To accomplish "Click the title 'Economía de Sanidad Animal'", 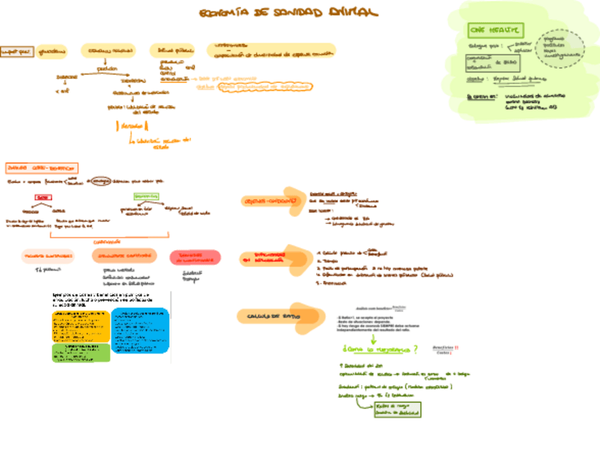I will (288, 13).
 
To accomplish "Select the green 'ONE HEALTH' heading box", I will (495, 30).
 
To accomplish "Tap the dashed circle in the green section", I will (560, 48).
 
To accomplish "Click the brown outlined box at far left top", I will (16, 51).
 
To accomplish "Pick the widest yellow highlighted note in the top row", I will (271, 50).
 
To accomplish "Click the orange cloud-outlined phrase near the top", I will (265, 87).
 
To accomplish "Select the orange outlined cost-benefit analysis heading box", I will (41, 168).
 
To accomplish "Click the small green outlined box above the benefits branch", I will (146, 196).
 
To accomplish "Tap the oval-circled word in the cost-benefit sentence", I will (100, 180).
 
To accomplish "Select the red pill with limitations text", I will (195, 257).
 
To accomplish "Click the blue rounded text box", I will (140, 330).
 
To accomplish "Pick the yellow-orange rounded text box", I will (81, 326).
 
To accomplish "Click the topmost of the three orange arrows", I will (272, 201).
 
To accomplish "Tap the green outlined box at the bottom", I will (397, 409).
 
